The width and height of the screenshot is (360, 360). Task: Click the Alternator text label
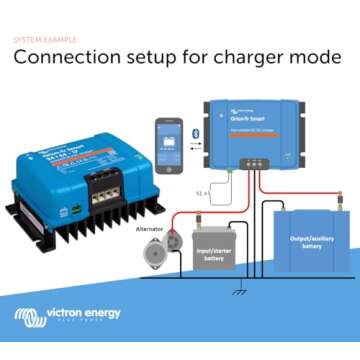tap(151, 228)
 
